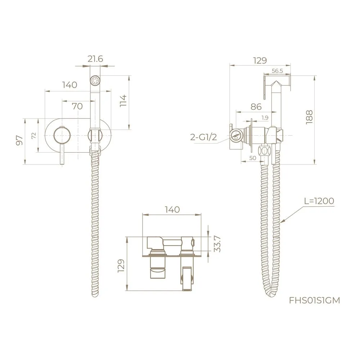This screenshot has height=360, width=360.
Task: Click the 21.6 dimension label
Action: click(95, 59)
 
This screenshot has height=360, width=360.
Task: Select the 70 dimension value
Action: click(77, 106)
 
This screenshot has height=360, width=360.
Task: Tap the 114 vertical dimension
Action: click(123, 100)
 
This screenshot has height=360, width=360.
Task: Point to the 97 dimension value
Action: click(20, 140)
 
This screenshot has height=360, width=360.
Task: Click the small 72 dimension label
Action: click(34, 136)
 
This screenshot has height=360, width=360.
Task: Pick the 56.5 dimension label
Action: click(277, 71)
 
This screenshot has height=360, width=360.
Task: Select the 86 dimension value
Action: click(256, 107)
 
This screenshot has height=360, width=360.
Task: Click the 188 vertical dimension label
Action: click(309, 117)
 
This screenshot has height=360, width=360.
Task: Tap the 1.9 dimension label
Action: click(265, 118)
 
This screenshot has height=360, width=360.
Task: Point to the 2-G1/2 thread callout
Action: click(203, 137)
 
